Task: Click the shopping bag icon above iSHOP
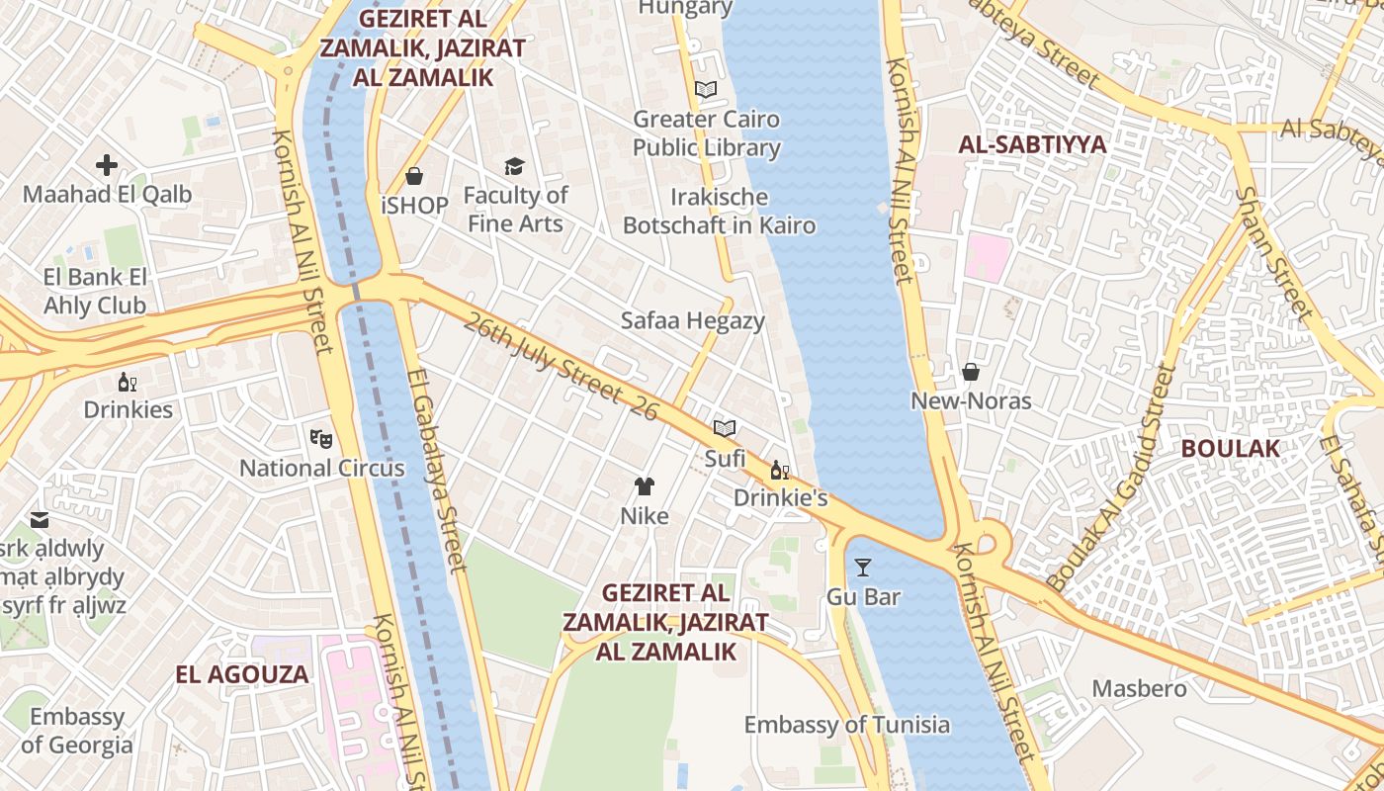coord(414,176)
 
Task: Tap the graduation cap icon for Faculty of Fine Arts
coord(514,166)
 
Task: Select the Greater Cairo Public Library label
coord(706,133)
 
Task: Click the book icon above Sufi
coord(725,428)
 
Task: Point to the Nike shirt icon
coord(645,485)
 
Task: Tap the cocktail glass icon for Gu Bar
coord(863,567)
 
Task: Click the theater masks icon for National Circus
coord(321,437)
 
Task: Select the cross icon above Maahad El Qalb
coord(107,165)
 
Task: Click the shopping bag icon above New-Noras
coord(971,372)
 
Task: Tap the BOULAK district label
coord(1230,448)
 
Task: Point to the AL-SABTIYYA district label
coord(1032,144)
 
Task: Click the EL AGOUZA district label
coord(242,674)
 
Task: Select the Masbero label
coord(1139,688)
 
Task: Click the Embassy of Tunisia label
coord(846,725)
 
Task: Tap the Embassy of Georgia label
coord(76,731)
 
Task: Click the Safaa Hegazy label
coord(692,320)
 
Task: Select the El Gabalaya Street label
coord(435,471)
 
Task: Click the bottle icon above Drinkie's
coord(779,470)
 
